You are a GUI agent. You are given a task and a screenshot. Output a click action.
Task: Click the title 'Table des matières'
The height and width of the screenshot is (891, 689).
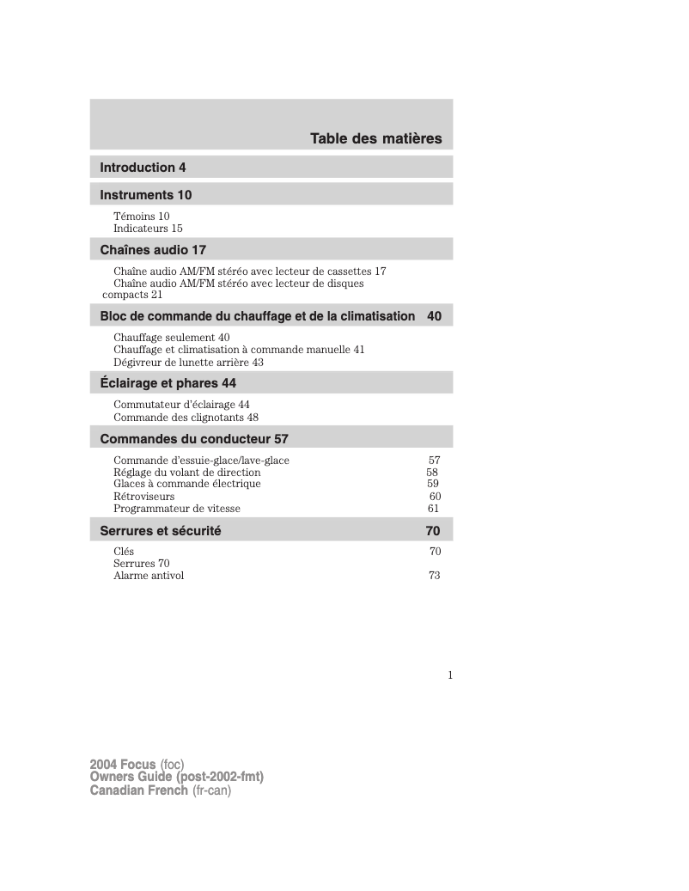click(375, 138)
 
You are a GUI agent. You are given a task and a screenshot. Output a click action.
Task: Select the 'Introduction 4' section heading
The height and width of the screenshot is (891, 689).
click(143, 168)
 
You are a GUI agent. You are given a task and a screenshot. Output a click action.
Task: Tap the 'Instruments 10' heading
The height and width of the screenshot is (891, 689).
click(145, 195)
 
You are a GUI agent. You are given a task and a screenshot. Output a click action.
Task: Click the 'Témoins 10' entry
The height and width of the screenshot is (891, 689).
click(141, 217)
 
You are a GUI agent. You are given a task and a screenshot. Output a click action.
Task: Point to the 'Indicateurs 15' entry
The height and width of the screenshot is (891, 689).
click(148, 229)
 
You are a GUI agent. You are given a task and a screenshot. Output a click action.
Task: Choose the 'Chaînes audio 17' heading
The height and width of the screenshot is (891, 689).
click(153, 250)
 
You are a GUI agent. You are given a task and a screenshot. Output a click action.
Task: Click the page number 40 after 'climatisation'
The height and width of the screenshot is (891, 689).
click(434, 316)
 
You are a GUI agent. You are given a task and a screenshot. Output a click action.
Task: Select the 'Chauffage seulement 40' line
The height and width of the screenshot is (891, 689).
click(171, 338)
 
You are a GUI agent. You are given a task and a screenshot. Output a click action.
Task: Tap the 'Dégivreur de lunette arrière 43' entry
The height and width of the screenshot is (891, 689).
click(188, 363)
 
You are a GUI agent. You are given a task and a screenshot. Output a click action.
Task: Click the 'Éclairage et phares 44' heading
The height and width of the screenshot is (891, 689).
click(168, 383)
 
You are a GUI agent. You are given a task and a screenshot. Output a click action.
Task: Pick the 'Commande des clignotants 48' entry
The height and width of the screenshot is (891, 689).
click(186, 418)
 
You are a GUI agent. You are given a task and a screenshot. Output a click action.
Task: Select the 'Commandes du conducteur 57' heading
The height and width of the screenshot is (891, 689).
click(194, 439)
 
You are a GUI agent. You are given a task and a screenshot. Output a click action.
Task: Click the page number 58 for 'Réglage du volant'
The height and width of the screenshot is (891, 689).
click(432, 473)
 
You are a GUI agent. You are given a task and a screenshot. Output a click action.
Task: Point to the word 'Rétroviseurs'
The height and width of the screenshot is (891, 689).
click(143, 497)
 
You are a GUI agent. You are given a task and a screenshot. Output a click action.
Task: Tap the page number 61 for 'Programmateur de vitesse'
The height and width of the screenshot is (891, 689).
click(433, 509)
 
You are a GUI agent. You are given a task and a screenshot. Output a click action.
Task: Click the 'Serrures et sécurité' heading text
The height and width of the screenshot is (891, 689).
click(161, 531)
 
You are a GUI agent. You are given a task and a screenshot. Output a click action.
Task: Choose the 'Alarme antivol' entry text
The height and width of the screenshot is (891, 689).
click(149, 576)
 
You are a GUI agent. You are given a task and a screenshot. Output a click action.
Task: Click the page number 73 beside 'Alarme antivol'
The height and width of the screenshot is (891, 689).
click(434, 576)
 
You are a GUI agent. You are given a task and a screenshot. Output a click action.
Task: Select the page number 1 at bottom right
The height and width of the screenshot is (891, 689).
click(449, 675)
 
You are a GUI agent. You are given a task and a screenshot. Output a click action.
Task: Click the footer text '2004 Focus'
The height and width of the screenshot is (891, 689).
click(123, 764)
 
